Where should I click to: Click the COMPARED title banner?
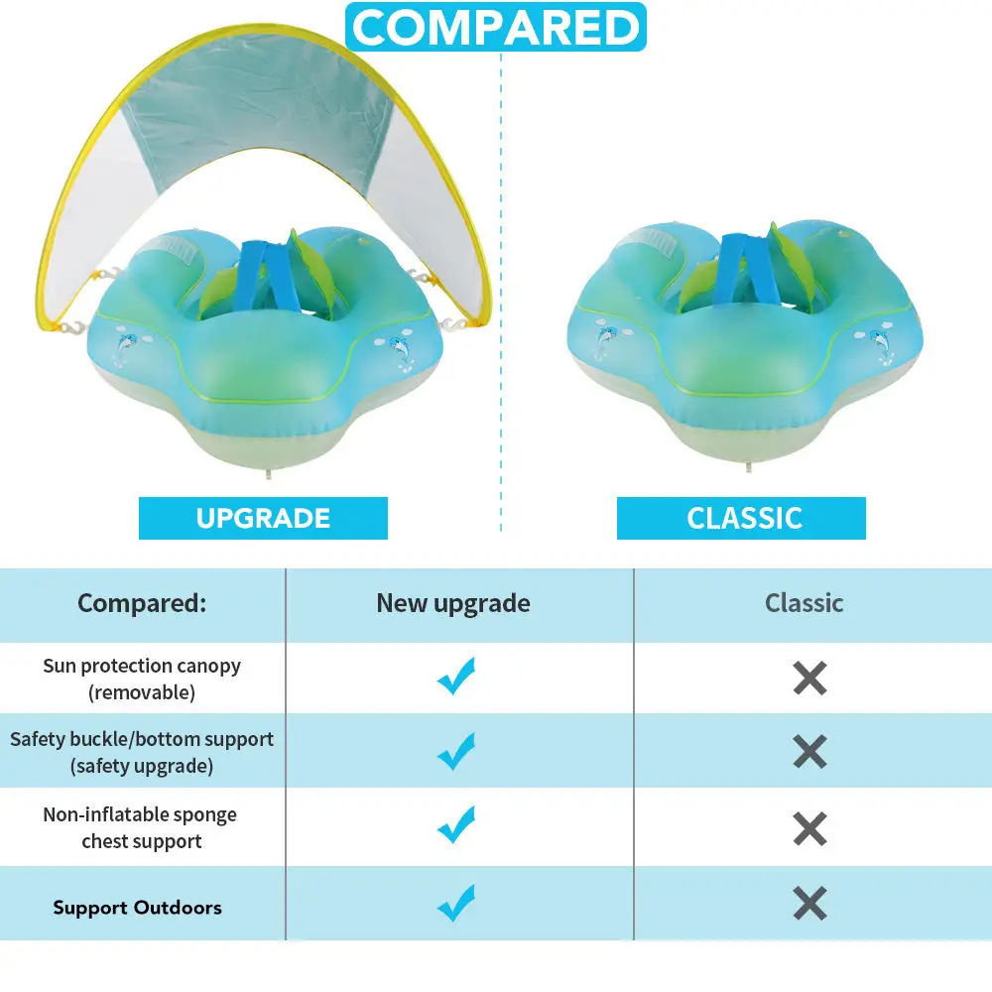tap(496, 27)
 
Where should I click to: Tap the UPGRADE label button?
tap(263, 518)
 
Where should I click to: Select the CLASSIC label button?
tap(744, 518)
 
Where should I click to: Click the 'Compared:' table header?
tap(142, 603)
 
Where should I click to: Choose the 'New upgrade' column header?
tap(453, 603)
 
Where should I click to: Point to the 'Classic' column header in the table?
tap(805, 603)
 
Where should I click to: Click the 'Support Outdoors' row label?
tap(138, 908)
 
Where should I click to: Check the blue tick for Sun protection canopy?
tap(456, 677)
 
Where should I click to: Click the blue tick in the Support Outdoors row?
tap(456, 903)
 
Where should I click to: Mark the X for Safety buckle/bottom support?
tap(810, 752)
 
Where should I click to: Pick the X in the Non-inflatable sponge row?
tap(810, 827)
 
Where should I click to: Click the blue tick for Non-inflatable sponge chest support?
tap(456, 825)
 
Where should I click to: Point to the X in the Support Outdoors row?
tap(810, 903)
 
